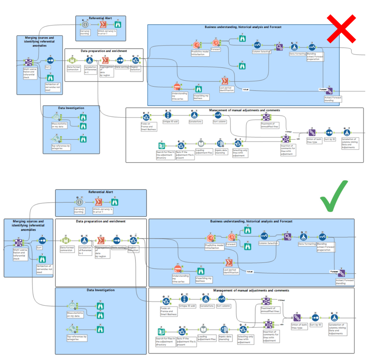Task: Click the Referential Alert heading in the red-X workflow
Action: click(101, 18)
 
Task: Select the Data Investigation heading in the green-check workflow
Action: click(101, 290)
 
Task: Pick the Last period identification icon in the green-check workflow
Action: click(229, 263)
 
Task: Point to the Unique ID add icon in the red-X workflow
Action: click(168, 115)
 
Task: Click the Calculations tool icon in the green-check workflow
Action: click(205, 299)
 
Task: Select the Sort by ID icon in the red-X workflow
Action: click(329, 132)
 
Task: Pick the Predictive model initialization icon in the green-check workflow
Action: click(211, 238)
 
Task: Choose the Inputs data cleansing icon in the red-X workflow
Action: click(220, 143)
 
